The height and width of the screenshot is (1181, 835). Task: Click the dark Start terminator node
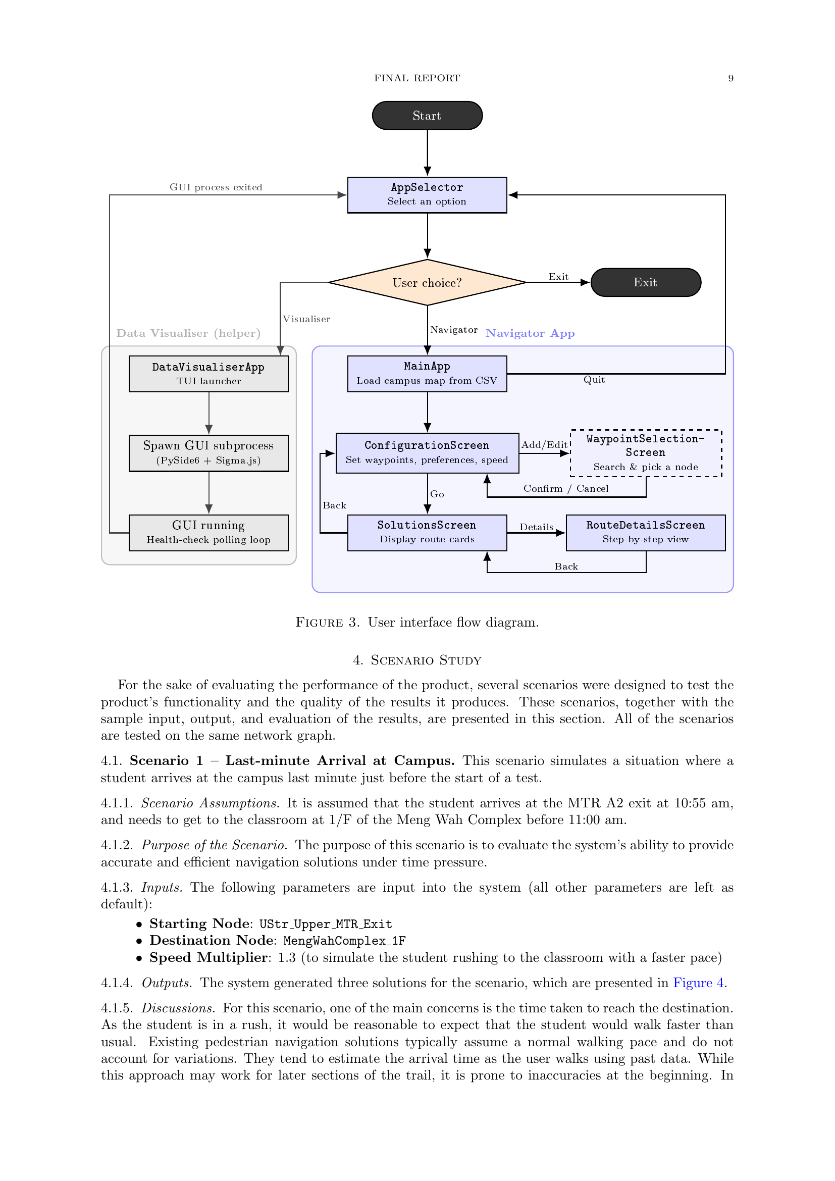(427, 115)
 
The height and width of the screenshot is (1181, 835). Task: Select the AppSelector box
(427, 195)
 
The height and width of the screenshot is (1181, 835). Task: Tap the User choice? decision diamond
(427, 282)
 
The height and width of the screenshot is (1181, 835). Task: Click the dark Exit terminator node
(646, 282)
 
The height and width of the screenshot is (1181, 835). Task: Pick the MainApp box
(427, 374)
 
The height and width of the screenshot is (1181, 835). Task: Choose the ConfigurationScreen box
(427, 453)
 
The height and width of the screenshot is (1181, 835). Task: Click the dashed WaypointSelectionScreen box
(646, 453)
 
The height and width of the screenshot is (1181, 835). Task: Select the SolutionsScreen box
(427, 533)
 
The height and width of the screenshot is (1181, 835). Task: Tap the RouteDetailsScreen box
(646, 533)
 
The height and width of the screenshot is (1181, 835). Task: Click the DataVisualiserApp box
(209, 374)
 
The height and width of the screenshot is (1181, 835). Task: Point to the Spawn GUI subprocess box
(209, 453)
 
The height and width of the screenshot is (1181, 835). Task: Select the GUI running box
(209, 533)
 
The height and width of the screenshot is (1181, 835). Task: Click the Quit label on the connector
(594, 380)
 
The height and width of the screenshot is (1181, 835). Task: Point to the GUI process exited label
(216, 187)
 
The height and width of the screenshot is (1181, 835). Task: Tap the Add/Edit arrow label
(545, 445)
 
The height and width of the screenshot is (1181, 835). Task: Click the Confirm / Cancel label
(566, 489)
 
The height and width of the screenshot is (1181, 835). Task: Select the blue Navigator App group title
(530, 333)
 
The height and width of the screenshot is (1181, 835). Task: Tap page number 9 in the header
(730, 78)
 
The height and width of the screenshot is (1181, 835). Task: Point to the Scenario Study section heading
(417, 660)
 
